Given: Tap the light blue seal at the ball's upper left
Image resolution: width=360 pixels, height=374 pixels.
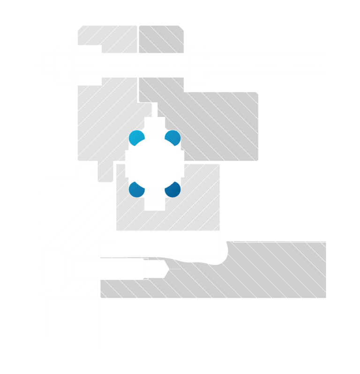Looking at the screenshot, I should click(136, 138).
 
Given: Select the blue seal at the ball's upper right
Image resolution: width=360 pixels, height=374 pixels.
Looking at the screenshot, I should click(172, 138).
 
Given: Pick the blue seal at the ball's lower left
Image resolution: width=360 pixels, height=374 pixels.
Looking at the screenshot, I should click(136, 189).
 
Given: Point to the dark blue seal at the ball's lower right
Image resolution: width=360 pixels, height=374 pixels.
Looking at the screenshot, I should click(172, 189).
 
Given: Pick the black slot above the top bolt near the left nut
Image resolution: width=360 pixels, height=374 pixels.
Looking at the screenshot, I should click(89, 50).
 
